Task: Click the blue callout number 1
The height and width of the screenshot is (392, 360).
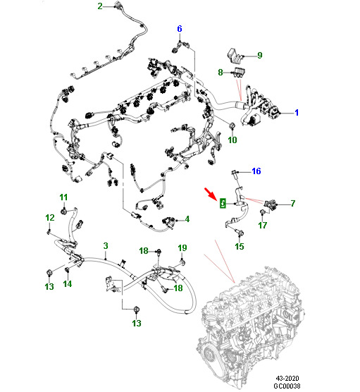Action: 297,113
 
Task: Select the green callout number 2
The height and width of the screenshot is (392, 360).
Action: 100,6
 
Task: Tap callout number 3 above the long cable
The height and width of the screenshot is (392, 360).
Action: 106,246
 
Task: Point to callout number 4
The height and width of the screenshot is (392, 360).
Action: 187,219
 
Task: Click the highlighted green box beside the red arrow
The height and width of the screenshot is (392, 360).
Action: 223,203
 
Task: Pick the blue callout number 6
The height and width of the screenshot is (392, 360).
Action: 180,29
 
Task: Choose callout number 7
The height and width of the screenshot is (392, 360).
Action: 293,203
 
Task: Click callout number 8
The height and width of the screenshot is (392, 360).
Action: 220,72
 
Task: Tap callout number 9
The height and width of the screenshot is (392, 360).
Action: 259,55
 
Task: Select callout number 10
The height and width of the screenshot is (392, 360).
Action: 232,140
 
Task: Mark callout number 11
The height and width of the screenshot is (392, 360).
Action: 63,197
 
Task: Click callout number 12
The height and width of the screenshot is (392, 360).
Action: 50,217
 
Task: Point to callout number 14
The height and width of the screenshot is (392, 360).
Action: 68,283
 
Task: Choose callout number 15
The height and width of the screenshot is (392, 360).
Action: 240,247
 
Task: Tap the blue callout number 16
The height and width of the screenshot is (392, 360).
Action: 256,171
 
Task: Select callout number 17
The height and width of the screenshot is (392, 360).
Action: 263,225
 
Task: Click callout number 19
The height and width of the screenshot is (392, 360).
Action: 182,247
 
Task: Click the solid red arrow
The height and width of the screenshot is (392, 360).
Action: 210,193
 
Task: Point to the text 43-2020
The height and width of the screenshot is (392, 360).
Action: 287,378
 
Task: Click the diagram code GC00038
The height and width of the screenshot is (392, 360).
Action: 287,386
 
